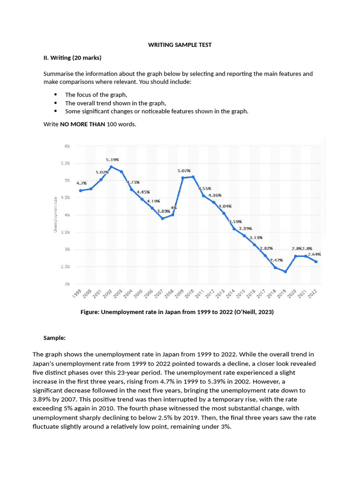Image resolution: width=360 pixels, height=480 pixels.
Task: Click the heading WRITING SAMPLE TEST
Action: [180, 45]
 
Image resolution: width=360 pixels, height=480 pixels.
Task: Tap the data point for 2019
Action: [285, 272]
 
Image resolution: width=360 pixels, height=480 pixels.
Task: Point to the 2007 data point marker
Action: [162, 218]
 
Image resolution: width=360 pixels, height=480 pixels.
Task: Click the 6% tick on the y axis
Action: [67, 146]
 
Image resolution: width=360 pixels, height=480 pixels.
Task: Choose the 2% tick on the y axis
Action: [67, 284]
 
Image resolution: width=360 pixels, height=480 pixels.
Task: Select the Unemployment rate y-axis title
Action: [55, 215]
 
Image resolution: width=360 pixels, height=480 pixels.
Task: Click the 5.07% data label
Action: [184, 171]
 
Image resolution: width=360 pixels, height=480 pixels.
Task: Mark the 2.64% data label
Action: [314, 254]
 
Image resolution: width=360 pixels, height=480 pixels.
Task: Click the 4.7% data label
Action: [82, 183]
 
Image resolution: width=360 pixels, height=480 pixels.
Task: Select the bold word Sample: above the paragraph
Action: [54, 337]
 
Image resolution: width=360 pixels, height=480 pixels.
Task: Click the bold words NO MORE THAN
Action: [82, 124]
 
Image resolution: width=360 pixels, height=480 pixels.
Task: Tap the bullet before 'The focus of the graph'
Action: [56, 95]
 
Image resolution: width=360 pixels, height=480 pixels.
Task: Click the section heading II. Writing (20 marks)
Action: [72, 58]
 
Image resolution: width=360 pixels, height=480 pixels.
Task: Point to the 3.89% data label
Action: [163, 211]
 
